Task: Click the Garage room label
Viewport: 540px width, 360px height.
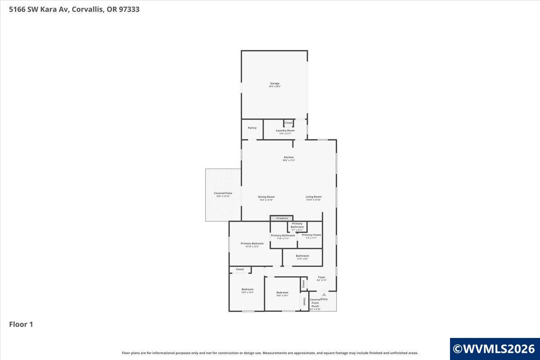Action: pos(274,84)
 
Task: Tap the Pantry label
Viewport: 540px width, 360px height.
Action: pos(252,128)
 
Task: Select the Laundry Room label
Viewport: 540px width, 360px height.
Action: pos(285,130)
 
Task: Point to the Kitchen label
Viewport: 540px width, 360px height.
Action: pos(288,157)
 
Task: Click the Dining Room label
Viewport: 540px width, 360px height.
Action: pos(266,197)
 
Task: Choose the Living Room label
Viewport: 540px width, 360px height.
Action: pos(313,197)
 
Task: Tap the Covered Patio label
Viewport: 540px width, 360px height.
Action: pos(223,193)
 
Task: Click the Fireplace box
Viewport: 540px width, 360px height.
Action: pos(282,218)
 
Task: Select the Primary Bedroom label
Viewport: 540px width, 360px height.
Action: pos(252,244)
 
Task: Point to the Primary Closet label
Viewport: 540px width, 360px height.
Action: pos(311,235)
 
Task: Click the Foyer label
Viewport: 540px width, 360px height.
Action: pos(321,278)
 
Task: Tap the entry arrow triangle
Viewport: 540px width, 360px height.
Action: pos(324,294)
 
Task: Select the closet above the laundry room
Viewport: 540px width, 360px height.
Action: pos(288,123)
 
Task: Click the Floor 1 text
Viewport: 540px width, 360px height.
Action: pos(21,324)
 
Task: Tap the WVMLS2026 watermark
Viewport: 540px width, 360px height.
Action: pos(494,348)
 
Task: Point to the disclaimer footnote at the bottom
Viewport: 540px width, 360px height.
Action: pos(270,353)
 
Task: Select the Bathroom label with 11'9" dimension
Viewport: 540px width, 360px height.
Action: pos(302,256)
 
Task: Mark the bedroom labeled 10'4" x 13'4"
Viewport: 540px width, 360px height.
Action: pos(247,290)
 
